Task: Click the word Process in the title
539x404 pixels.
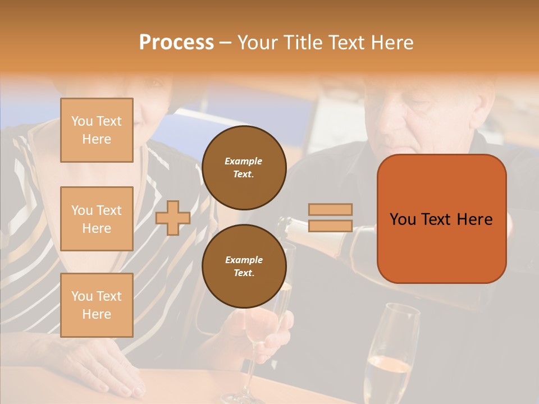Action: (x=176, y=43)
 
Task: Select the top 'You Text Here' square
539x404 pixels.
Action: (x=97, y=130)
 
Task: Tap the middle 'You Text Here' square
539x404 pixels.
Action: (x=97, y=219)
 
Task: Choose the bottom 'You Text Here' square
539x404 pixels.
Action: (x=97, y=305)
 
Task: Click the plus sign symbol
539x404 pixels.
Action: (x=173, y=218)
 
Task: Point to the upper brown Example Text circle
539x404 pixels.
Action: (x=244, y=168)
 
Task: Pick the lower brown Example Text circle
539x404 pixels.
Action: (x=244, y=267)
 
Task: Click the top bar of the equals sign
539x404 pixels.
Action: (x=331, y=209)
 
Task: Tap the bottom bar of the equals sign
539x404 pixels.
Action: (x=331, y=226)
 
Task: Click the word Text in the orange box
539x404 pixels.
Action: (x=441, y=219)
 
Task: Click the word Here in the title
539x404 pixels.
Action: (x=391, y=43)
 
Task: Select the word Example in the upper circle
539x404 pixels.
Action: (x=244, y=161)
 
